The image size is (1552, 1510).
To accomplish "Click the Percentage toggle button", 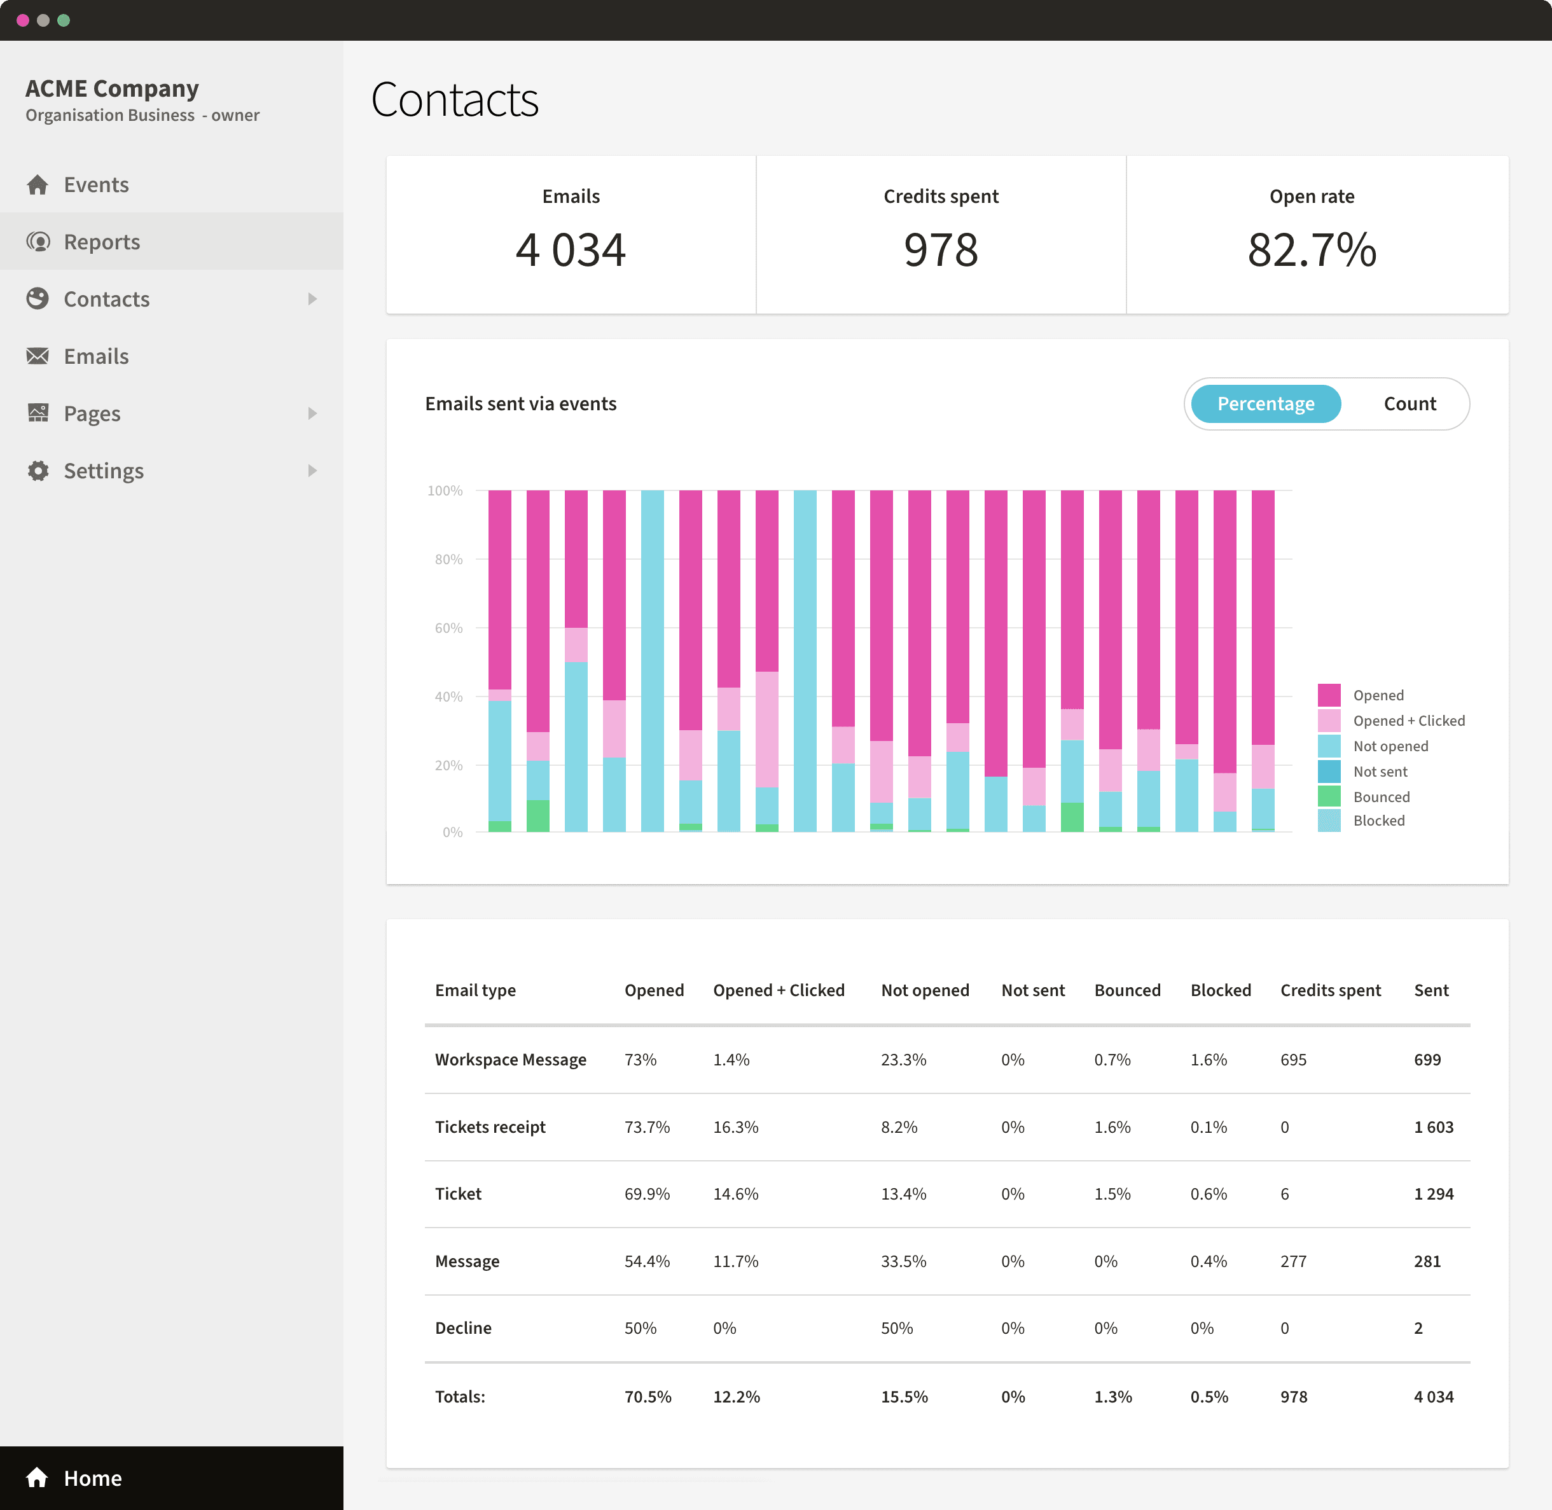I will (1265, 404).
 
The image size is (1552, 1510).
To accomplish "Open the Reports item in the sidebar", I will (102, 242).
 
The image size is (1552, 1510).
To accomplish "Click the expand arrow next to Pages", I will (312, 413).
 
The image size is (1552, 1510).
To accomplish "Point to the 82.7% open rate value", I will (1311, 251).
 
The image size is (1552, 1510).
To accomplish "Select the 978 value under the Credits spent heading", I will (941, 251).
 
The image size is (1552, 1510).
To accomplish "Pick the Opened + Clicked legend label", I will (1408, 721).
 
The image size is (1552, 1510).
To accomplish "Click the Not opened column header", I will (925, 990).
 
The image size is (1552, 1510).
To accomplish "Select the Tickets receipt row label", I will (490, 1127).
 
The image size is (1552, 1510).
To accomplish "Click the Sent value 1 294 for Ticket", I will (1433, 1194).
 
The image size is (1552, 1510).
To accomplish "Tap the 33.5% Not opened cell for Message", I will (903, 1261).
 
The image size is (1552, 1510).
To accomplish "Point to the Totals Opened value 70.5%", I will (647, 1397).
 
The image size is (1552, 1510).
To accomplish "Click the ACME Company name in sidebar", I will (112, 88).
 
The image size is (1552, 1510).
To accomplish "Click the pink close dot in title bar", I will (22, 20).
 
